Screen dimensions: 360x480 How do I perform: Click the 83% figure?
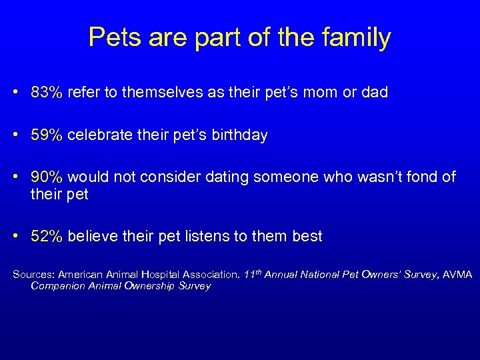click(47, 93)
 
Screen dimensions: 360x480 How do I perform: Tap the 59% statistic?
click(47, 135)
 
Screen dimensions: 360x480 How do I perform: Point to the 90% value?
click(47, 177)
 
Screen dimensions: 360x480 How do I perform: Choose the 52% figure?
click(47, 236)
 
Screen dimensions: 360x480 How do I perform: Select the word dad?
click(374, 93)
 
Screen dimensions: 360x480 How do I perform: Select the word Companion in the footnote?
click(57, 286)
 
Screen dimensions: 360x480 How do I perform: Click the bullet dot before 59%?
click(15, 135)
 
